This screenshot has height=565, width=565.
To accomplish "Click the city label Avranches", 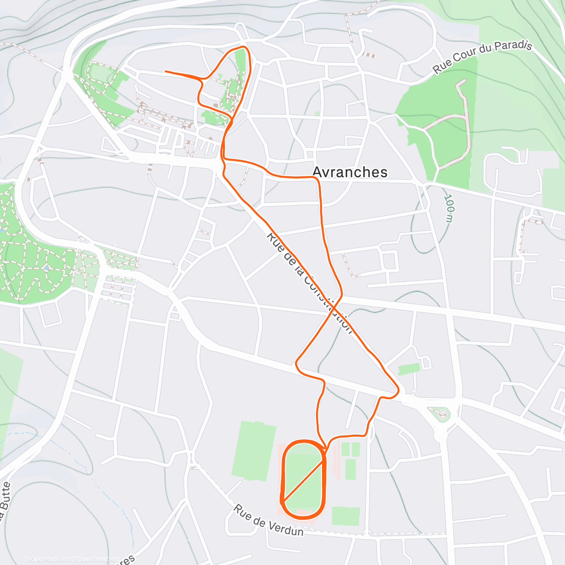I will point(350,172).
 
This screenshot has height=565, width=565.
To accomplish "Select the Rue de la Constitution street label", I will point(308,282).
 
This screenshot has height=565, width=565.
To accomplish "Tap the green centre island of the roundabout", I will point(443,415).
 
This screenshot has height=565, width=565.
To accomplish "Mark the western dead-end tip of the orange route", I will point(165,72).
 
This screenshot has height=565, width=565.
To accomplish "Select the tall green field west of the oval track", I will point(255,451).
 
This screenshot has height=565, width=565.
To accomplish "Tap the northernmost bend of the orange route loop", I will point(243,47).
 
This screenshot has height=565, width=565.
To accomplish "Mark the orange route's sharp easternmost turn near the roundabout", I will point(399,390).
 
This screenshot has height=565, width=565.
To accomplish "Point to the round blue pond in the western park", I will point(46,268).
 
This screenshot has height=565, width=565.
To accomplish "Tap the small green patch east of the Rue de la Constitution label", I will point(408,369).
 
